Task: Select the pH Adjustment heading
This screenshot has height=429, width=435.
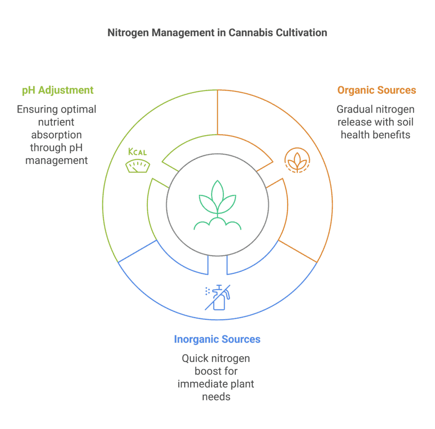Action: [x=57, y=90]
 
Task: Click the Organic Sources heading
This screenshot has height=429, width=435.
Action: [x=376, y=90]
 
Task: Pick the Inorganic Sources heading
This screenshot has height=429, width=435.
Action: [x=217, y=339]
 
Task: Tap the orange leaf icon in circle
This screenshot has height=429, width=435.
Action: [x=297, y=160]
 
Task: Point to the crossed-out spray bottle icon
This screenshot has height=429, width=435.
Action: [x=217, y=296]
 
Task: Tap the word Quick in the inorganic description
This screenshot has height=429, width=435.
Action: [x=195, y=358]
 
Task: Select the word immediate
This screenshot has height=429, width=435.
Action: [x=201, y=384]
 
